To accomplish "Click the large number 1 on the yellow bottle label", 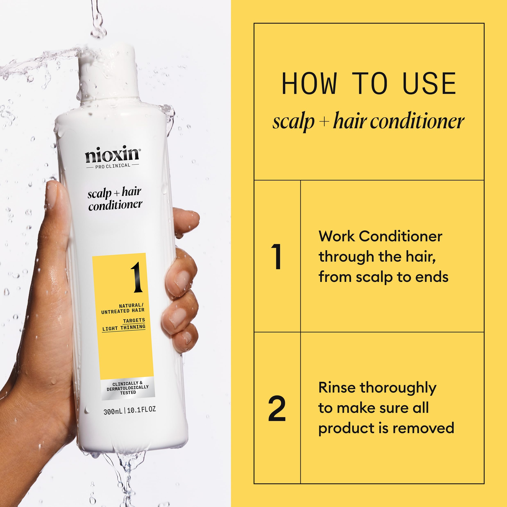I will pyautogui.click(x=137, y=277).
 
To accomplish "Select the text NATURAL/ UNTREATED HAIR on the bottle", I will pyautogui.click(x=123, y=308).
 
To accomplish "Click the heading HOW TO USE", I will pyautogui.click(x=369, y=84).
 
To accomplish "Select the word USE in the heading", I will pyautogui.click(x=429, y=84).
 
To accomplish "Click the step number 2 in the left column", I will pyautogui.click(x=277, y=409).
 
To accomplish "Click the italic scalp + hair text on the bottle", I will pyautogui.click(x=115, y=193).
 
